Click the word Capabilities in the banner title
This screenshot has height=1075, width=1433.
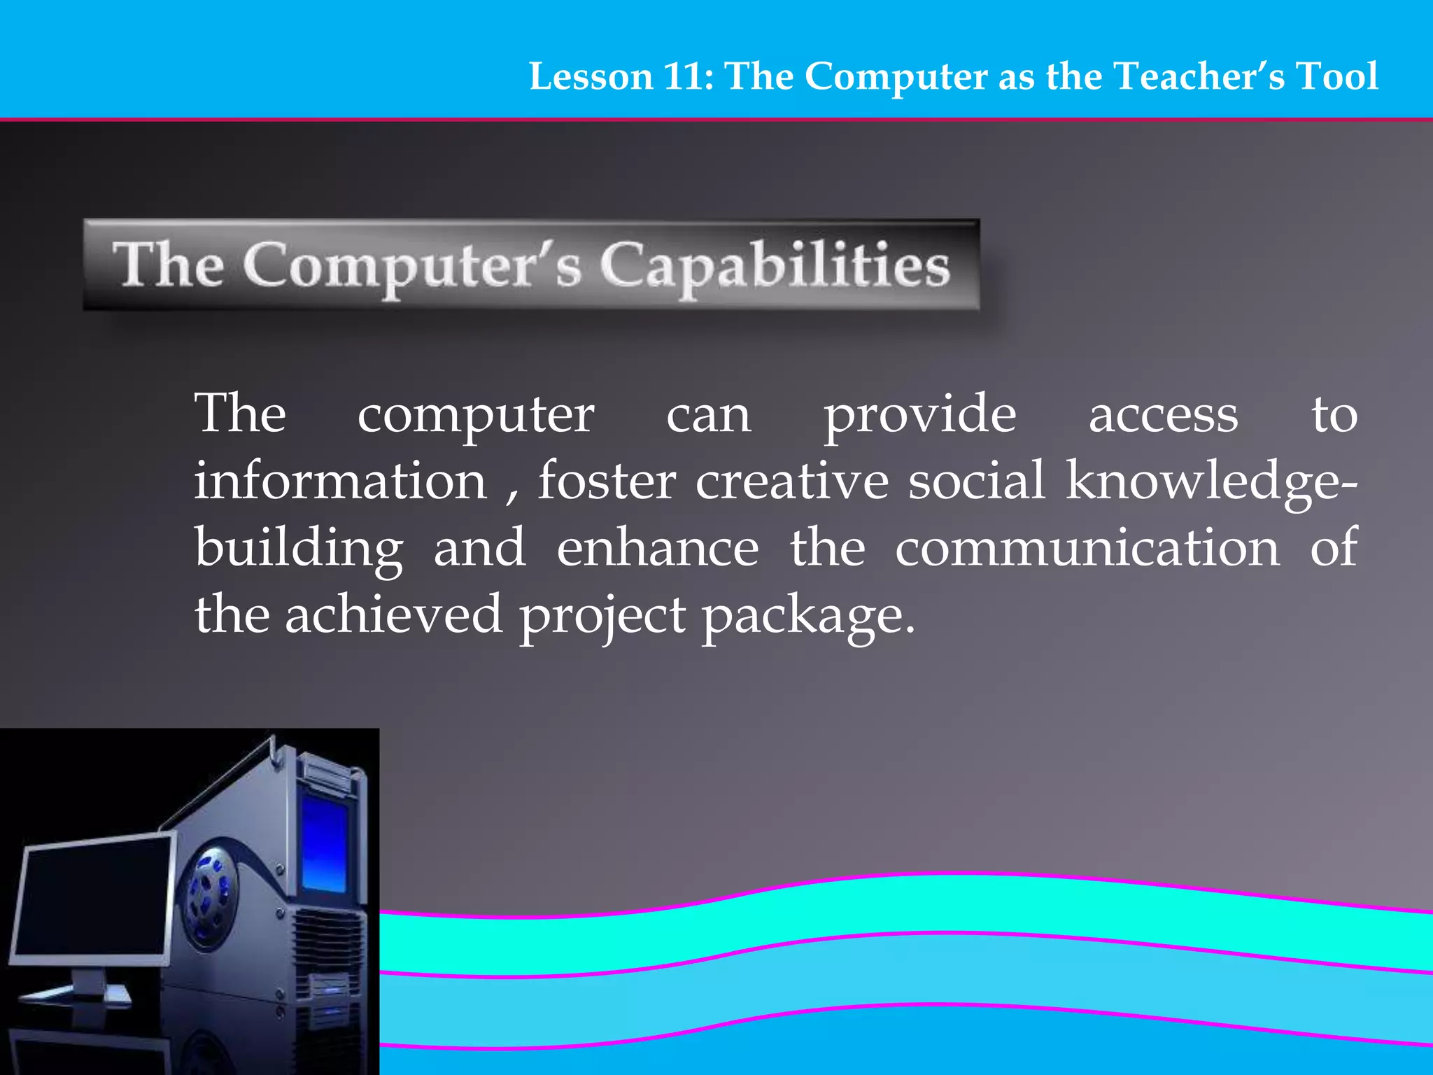pos(775,267)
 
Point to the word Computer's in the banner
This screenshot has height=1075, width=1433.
pos(412,267)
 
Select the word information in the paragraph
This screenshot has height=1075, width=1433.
pos(340,482)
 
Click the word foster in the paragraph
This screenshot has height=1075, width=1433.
pos(607,482)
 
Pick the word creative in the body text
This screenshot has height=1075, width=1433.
pos(791,482)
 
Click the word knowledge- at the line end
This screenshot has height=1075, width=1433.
pos(1210,482)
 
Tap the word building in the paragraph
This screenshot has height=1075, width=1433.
pos(299,549)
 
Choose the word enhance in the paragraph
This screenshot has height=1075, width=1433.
pos(658,549)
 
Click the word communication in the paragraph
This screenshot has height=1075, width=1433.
pos(1087,549)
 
